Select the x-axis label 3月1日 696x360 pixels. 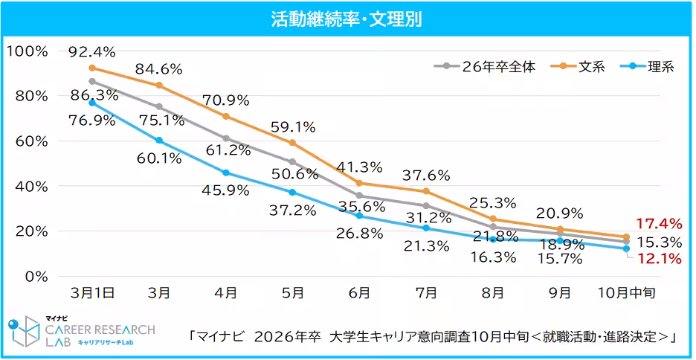click(92, 294)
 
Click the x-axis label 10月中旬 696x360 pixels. click(626, 294)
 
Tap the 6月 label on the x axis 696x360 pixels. click(359, 294)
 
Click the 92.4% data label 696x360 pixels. click(91, 52)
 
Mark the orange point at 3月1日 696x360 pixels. click(92, 68)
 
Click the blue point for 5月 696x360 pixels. click(292, 192)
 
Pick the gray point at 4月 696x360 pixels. click(225, 138)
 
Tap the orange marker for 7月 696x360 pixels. click(426, 191)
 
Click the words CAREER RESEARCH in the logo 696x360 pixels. click(100, 329)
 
